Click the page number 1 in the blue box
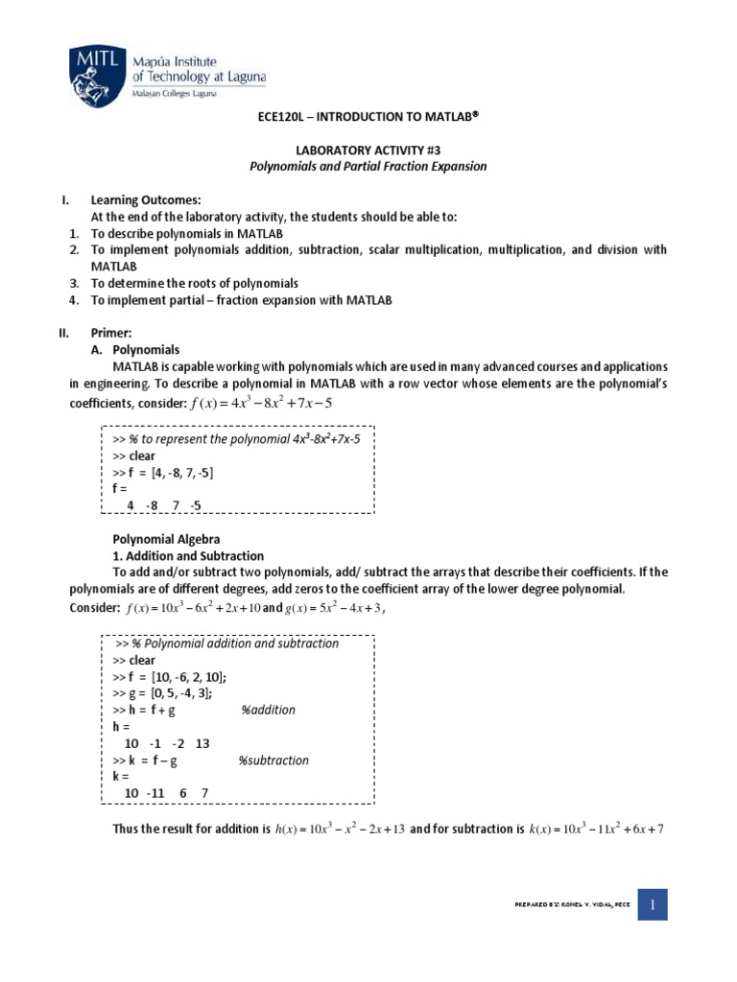[652, 903]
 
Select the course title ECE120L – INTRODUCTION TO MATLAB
[369, 115]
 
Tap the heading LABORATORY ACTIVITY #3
[369, 151]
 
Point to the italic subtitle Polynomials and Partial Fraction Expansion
[369, 167]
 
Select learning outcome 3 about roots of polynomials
[195, 283]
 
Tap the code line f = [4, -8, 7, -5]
[162, 473]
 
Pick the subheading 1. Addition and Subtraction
[188, 555]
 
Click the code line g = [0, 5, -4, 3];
[162, 693]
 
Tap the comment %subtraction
[273, 760]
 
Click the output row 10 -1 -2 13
[167, 743]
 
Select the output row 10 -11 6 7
[166, 793]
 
